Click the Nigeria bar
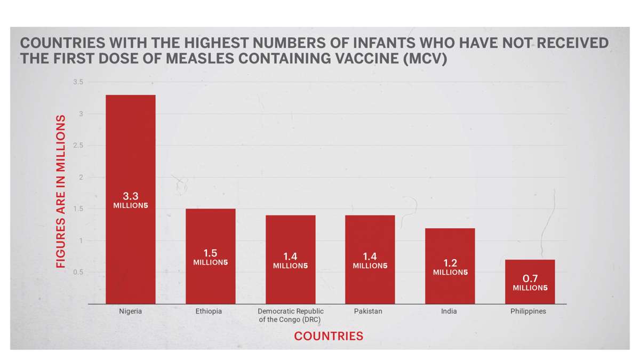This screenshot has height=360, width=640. pos(131,160)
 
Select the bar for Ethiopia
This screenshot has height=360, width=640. pos(210,229)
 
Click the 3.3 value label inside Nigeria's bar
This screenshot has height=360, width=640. pos(131,196)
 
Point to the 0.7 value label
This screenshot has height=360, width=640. pos(530,278)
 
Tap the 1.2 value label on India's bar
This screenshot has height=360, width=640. pos(450,263)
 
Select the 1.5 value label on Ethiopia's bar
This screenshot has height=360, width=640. pos(210,253)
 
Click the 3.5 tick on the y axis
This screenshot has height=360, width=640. pos(78,82)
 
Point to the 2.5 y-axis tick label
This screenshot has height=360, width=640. pos(78,146)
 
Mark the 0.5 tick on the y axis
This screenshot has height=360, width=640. pos(78,273)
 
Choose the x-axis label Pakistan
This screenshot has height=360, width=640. pos(368,311)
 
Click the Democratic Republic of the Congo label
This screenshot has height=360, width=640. pos(291,315)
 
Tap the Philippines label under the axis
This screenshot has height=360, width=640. pos(528,311)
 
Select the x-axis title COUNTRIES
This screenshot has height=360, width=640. pos(329,337)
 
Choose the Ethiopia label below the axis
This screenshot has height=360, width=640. pos(209,311)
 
